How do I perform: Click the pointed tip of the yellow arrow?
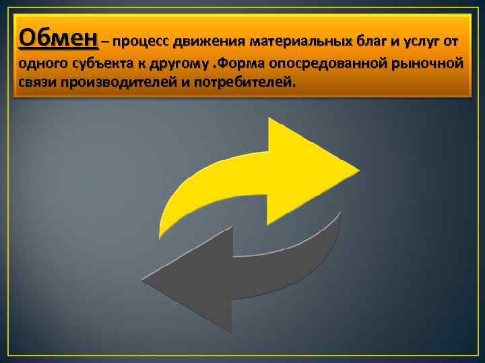(358, 168)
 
